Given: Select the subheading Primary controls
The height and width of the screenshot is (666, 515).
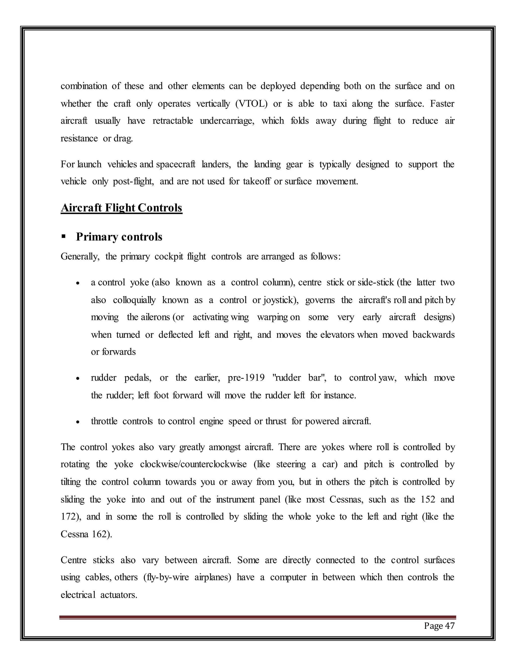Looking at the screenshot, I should (x=119, y=237).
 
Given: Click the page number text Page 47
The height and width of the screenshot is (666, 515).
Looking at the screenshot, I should (x=439, y=626).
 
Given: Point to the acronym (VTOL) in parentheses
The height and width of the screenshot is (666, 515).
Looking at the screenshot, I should (x=251, y=104).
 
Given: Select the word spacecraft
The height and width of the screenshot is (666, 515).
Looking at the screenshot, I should (x=176, y=164).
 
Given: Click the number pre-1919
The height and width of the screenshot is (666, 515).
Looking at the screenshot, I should (x=246, y=378).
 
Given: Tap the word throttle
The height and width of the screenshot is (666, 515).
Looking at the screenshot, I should (x=104, y=421).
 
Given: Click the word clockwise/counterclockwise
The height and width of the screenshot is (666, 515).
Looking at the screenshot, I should (x=193, y=464).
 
